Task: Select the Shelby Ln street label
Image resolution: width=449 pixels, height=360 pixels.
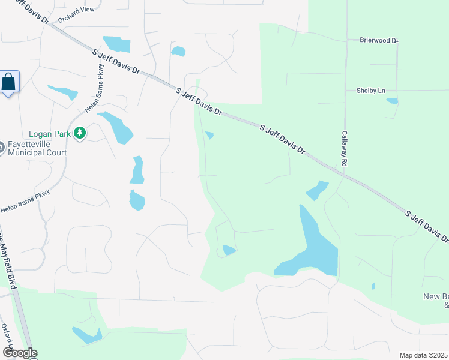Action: point(370,91)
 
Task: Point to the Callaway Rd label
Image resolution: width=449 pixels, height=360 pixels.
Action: point(345,149)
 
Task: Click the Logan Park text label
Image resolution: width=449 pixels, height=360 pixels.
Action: point(49,134)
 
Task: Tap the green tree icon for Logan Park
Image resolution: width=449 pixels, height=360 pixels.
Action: point(79,133)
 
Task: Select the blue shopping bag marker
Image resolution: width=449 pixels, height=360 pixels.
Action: point(10,82)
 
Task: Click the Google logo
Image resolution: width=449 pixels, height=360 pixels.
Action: point(20,353)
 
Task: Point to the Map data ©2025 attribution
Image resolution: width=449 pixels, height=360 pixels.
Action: point(423,355)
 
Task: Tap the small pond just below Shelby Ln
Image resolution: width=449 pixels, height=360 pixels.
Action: point(392,101)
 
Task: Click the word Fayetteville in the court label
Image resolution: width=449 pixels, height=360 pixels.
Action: point(28,145)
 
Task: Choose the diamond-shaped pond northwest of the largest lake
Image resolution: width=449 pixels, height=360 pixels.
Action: point(318,191)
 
